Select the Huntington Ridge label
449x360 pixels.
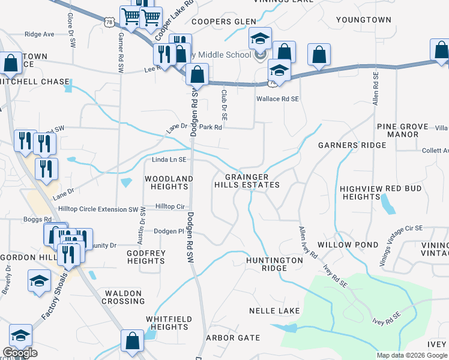click(x=274, y=265)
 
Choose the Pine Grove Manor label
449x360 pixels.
click(x=403, y=130)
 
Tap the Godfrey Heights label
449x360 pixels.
click(x=146, y=257)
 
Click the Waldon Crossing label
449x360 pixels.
click(x=124, y=297)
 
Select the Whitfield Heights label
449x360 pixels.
click(x=170, y=323)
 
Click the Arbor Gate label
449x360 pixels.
click(x=233, y=338)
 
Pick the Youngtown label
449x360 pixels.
click(x=364, y=20)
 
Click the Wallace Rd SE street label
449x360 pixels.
click(x=277, y=98)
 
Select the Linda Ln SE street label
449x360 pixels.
click(x=169, y=160)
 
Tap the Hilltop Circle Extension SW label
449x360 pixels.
click(x=98, y=209)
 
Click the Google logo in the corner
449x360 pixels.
click(x=20, y=353)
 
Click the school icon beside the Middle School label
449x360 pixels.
click(x=261, y=40)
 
